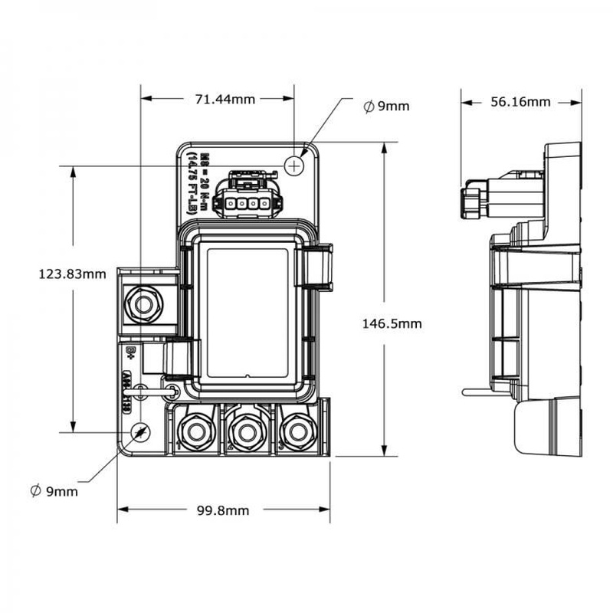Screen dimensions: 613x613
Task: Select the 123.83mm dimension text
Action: (x=72, y=273)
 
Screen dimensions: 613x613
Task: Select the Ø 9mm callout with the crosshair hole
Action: (x=387, y=106)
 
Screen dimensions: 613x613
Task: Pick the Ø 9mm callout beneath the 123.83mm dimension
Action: (x=53, y=490)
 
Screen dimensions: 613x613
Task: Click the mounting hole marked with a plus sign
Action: (x=295, y=163)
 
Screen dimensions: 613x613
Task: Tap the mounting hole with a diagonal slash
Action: (x=139, y=433)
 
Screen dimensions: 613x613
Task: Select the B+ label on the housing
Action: (x=130, y=352)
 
